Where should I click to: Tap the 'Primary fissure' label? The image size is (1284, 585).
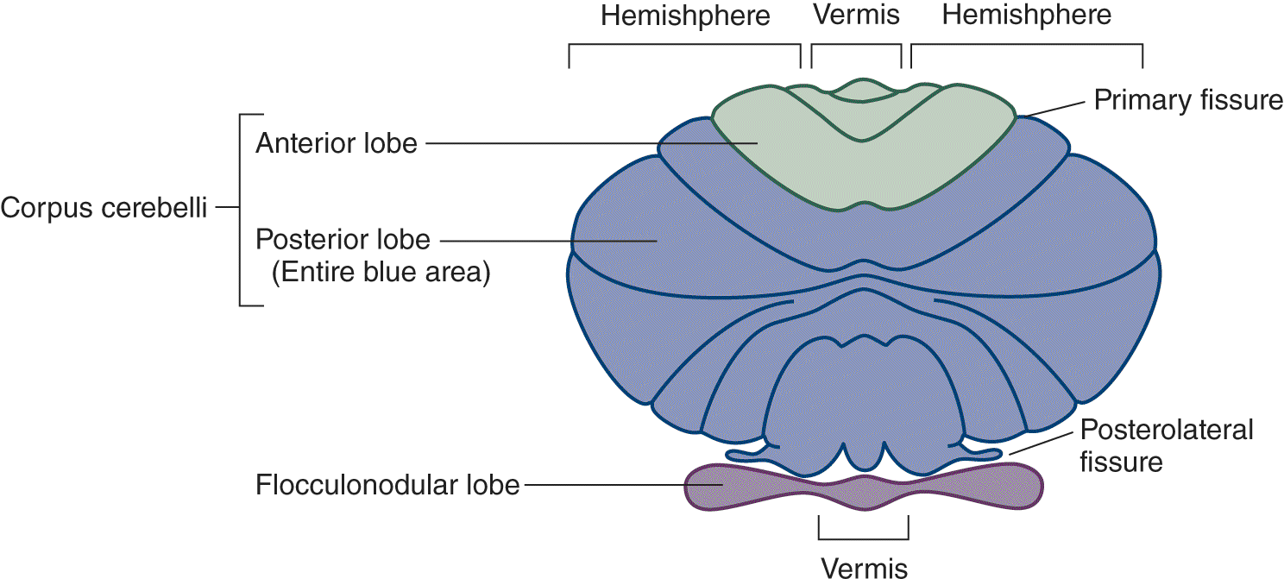[1187, 100]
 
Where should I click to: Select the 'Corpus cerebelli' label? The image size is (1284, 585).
[104, 208]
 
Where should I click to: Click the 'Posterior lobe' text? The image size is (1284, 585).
[342, 240]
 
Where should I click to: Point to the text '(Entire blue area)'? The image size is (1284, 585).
[381, 274]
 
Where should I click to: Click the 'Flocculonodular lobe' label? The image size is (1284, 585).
[387, 485]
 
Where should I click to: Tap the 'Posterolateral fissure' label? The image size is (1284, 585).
[1165, 445]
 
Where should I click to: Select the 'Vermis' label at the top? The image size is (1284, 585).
[856, 16]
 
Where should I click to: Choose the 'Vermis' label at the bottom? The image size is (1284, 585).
[864, 568]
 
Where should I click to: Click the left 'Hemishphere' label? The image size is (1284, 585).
[685, 16]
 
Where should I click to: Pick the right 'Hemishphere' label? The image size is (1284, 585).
[1027, 16]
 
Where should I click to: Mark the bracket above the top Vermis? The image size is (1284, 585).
[856, 45]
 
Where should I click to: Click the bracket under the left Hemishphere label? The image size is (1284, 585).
[685, 45]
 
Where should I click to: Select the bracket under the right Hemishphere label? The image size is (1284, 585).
[1027, 45]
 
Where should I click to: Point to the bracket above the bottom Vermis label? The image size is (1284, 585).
[863, 536]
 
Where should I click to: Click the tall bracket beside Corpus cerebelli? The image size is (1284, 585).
[240, 209]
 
